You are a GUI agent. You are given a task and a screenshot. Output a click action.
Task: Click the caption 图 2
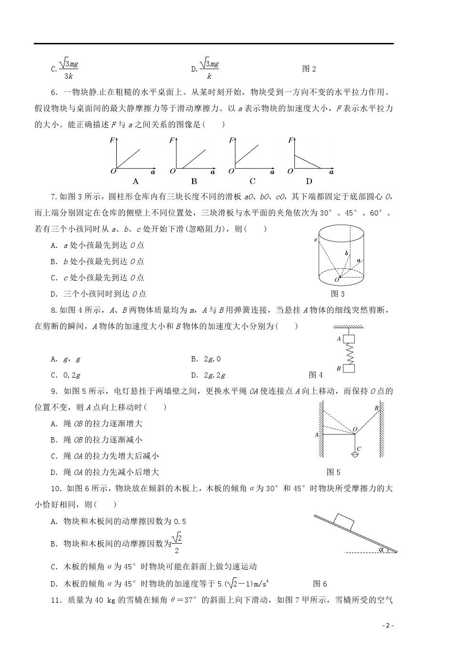[309, 69]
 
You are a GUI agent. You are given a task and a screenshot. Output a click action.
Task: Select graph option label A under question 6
[135, 181]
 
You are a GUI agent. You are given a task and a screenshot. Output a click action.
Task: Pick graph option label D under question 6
[309, 181]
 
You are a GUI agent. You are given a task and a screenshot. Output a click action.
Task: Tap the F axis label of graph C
[231, 140]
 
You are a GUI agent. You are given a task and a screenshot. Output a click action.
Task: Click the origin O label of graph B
[172, 171]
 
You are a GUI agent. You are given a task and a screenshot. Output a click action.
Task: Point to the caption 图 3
[338, 294]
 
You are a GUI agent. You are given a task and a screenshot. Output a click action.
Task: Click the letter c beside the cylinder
[316, 240]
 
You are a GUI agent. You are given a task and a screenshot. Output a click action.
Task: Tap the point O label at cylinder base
[337, 279]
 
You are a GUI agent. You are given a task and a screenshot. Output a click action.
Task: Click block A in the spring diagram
[350, 339]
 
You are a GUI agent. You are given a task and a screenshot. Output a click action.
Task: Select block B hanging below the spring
[350, 369]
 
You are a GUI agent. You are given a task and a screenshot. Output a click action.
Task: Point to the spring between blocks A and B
[350, 354]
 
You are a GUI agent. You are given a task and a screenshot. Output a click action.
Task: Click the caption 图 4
[316, 375]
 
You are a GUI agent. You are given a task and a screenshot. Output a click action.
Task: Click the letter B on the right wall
[376, 408]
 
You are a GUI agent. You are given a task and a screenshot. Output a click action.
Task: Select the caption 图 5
[333, 472]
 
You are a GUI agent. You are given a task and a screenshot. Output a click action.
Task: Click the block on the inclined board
[344, 521]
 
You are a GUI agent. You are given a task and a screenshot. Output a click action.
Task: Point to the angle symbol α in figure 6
[381, 549]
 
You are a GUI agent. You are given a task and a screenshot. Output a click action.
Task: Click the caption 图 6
[320, 584]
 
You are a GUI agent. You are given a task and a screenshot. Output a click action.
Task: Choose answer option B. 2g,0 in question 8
[206, 359]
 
